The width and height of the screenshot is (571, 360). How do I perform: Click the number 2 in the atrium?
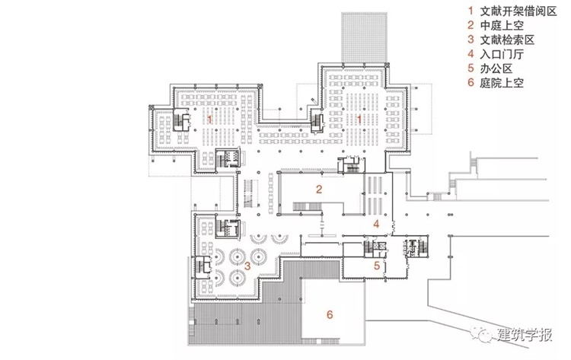pyautogui.click(x=319, y=189)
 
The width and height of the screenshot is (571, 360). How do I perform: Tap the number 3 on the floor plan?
pyautogui.click(x=247, y=266)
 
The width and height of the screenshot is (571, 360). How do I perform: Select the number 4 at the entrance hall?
pyautogui.click(x=377, y=224)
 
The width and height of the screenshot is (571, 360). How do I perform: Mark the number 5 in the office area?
pyautogui.click(x=377, y=266)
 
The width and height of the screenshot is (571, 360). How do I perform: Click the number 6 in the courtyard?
pyautogui.click(x=330, y=314)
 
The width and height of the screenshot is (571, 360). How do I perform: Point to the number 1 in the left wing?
pyautogui.click(x=209, y=119)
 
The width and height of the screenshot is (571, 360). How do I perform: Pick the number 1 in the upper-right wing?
pyautogui.click(x=359, y=119)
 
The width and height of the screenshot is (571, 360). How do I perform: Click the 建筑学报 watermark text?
pyautogui.click(x=525, y=335)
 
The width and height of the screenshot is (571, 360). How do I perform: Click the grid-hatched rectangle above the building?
pyautogui.click(x=364, y=38)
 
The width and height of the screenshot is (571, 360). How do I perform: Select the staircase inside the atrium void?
pyautogui.click(x=307, y=207)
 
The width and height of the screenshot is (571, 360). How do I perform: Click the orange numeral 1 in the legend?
pyautogui.click(x=471, y=11)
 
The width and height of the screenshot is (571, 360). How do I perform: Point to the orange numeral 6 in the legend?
pyautogui.click(x=471, y=83)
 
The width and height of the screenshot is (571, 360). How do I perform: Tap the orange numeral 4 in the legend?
pyautogui.click(x=471, y=54)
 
